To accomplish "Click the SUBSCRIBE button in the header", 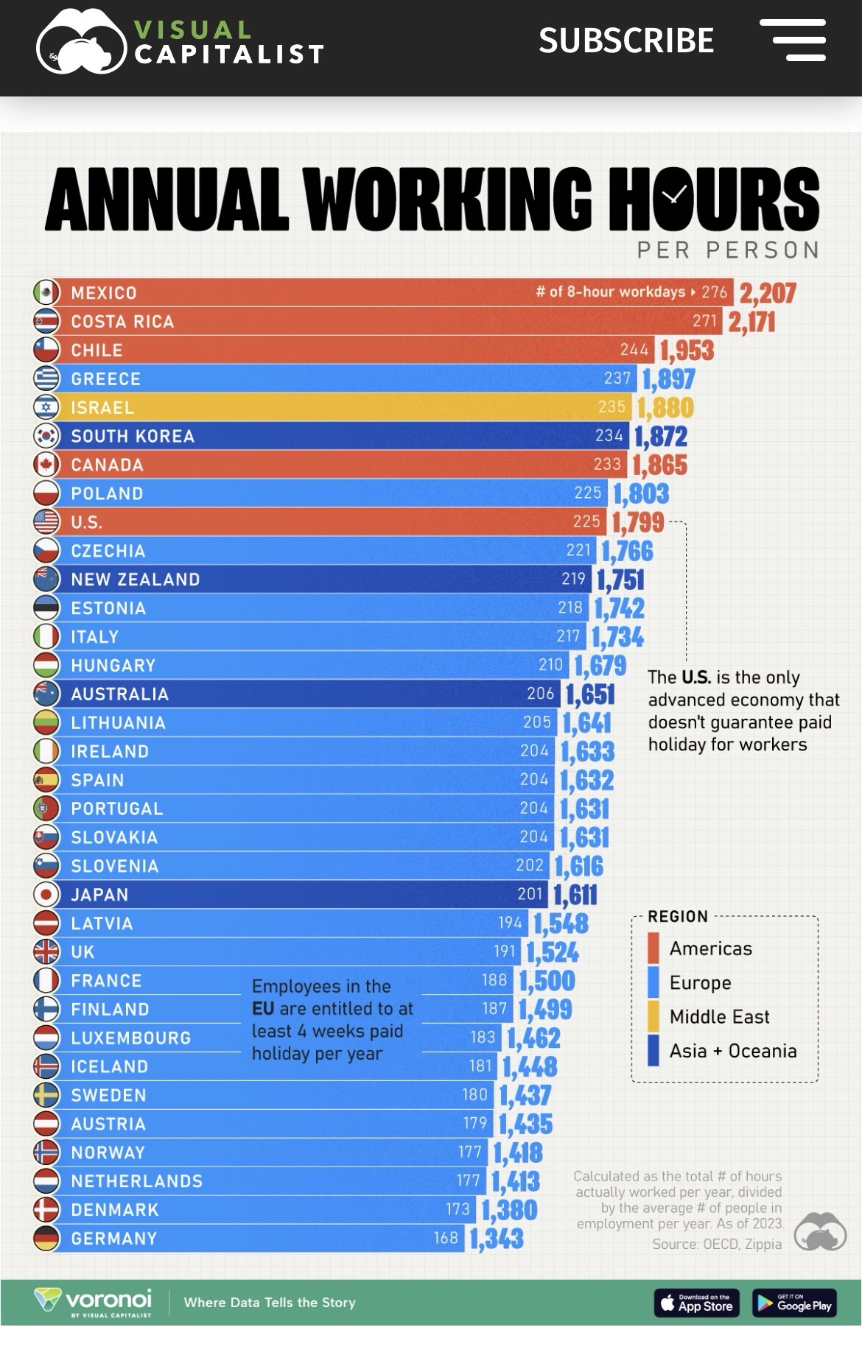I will click(x=626, y=41).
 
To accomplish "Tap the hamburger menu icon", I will click(x=793, y=41).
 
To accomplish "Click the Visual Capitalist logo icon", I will click(x=81, y=42).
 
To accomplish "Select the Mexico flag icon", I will click(x=46, y=292).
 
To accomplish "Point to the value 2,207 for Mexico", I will click(x=768, y=293).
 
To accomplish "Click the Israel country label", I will click(x=102, y=407).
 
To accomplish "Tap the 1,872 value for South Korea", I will click(x=661, y=437).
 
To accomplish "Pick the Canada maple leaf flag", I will click(x=46, y=465).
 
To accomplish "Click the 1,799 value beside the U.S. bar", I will click(x=638, y=523).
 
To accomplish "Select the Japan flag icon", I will click(x=46, y=894).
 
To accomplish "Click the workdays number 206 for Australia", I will click(x=540, y=694).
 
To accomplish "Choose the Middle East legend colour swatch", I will click(x=653, y=1016).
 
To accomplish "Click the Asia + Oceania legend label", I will click(x=732, y=1051).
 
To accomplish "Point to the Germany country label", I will click(x=114, y=1239).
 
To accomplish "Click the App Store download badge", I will click(x=697, y=1303).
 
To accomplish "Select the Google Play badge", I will click(x=794, y=1303).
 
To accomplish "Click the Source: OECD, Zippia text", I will click(x=716, y=1244).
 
